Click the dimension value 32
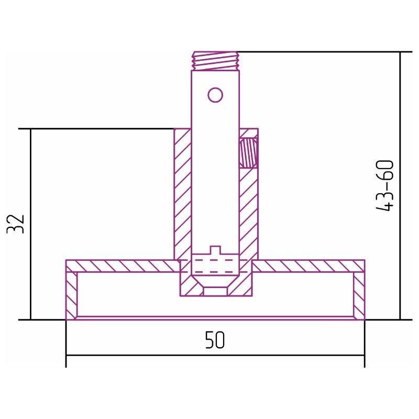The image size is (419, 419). pyautogui.click(x=16, y=224)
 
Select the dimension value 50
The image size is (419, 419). pyautogui.click(x=215, y=340)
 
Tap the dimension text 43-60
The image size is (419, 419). pyautogui.click(x=385, y=185)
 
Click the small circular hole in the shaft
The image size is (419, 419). pyautogui.click(x=215, y=95)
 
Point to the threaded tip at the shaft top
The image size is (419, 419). pyautogui.click(x=215, y=61)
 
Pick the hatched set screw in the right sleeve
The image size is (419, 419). pyautogui.click(x=248, y=153)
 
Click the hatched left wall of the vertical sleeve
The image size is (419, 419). pyautogui.click(x=182, y=194)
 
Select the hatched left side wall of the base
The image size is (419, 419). pyautogui.click(x=72, y=295)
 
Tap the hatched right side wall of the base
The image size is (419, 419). pyautogui.click(x=359, y=295)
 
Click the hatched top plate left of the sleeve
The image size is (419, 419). pyautogui.click(x=123, y=266)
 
